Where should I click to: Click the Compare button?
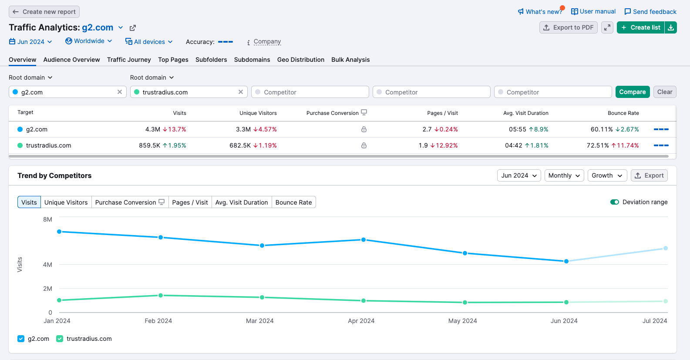632,92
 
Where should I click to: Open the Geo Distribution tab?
300,60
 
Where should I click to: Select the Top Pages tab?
173,60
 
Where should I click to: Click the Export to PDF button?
568,27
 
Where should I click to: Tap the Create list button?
640,27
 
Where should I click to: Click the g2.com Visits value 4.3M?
153,129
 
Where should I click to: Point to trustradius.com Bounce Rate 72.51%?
597,145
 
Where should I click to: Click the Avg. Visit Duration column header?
525,113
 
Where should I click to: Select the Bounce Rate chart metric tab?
293,202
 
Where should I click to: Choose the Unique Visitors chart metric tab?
66,202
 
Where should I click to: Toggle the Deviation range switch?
615,202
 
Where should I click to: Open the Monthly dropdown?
564,175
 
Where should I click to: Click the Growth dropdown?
607,175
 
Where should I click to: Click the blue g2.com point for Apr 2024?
364,240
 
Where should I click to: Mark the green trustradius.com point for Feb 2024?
161,296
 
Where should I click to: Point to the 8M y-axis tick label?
47,219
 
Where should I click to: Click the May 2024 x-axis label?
462,321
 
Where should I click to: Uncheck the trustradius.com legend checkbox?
60,339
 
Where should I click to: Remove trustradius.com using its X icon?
241,92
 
